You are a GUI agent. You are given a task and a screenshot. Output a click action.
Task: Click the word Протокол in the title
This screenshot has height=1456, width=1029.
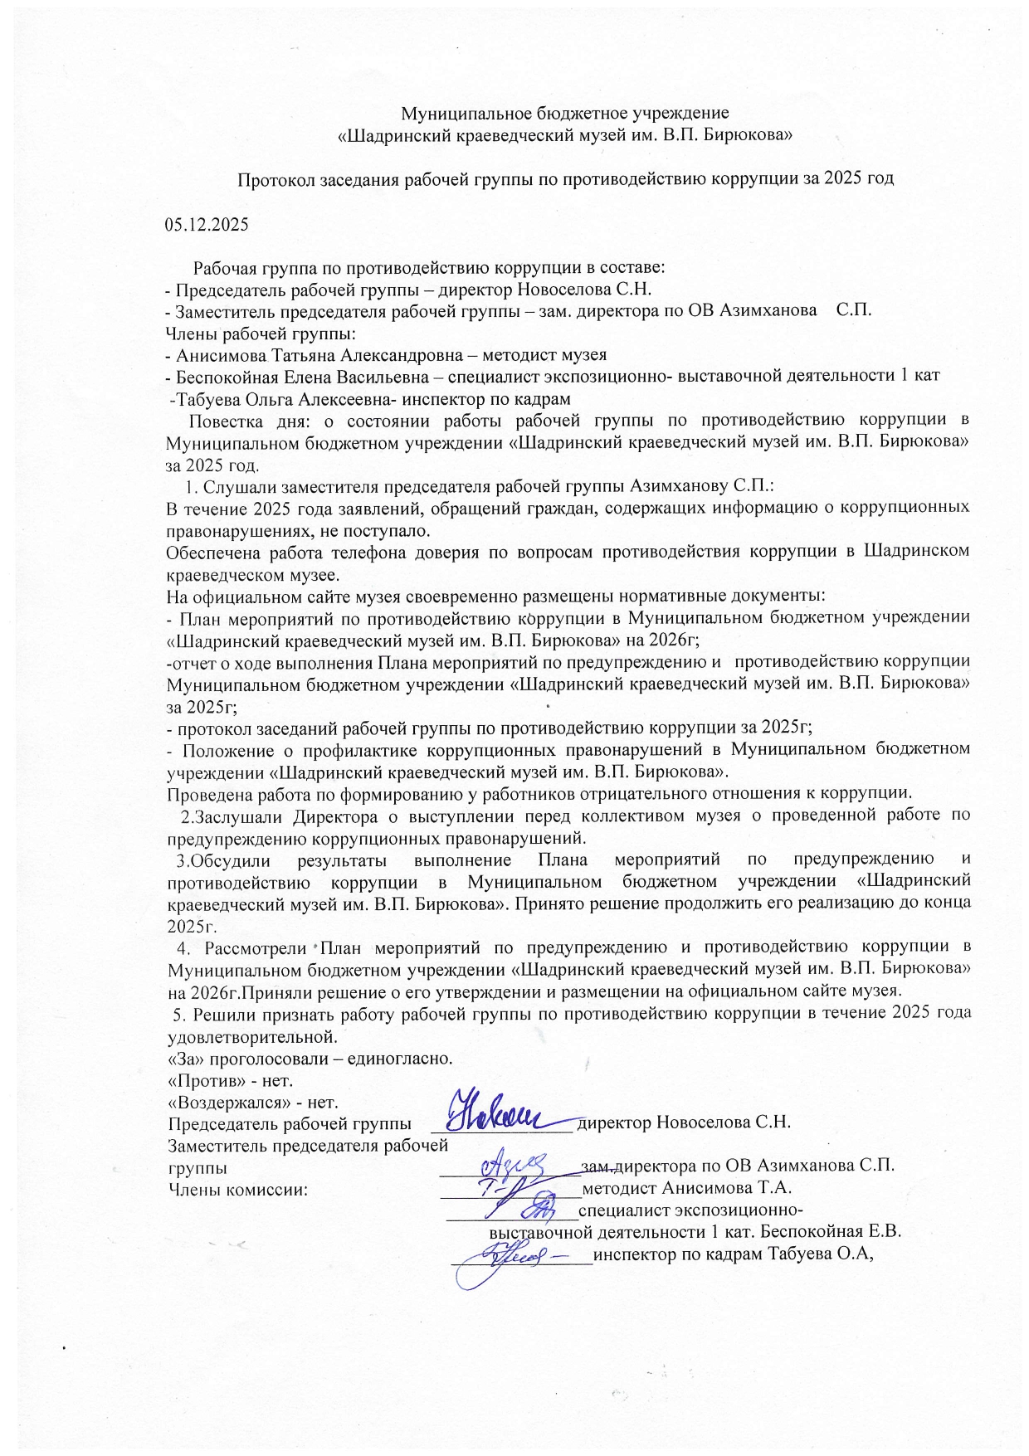click(273, 179)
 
